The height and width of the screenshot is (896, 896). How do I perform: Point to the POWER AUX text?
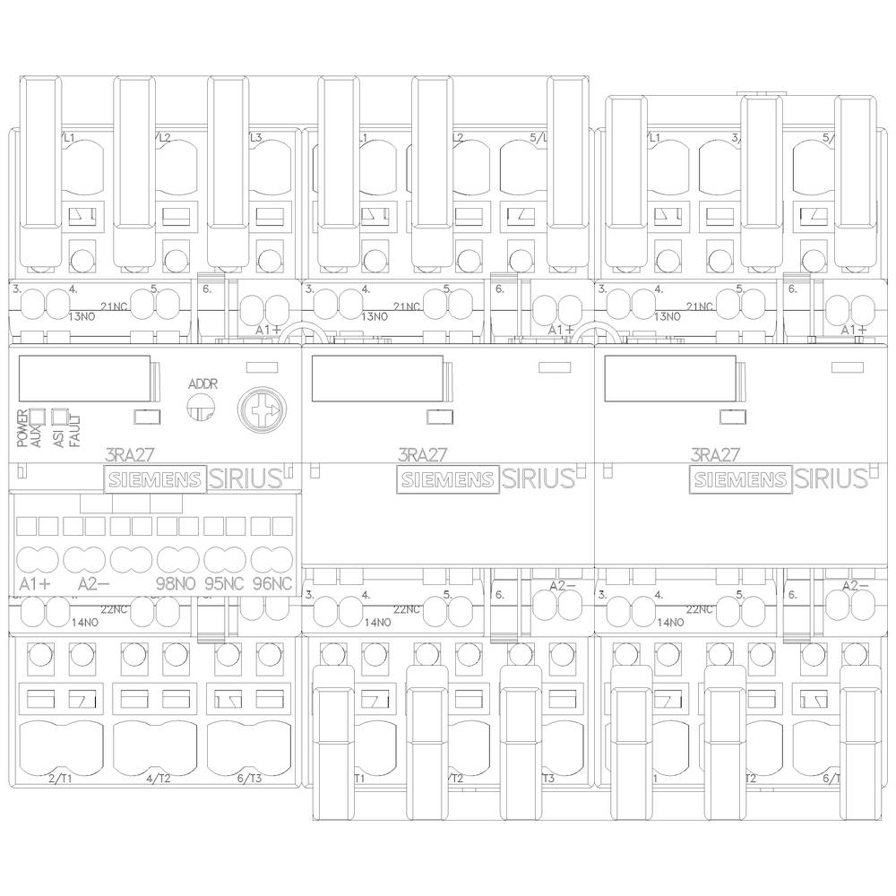tap(25, 428)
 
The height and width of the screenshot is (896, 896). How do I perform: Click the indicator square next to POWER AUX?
tap(38, 416)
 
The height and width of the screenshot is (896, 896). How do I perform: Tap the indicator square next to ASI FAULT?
tap(60, 416)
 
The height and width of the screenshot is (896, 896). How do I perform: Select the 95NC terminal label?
tap(224, 584)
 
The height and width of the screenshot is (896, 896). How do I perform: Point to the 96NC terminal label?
tap(272, 584)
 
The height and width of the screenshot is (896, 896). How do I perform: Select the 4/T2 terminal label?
tap(158, 778)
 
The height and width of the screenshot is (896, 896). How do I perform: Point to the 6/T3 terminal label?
tap(250, 778)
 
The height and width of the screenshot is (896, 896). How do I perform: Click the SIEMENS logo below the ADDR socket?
tap(156, 479)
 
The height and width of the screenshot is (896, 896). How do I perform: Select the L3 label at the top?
tap(253, 138)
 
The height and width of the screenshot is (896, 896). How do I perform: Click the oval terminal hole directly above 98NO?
tap(177, 559)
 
